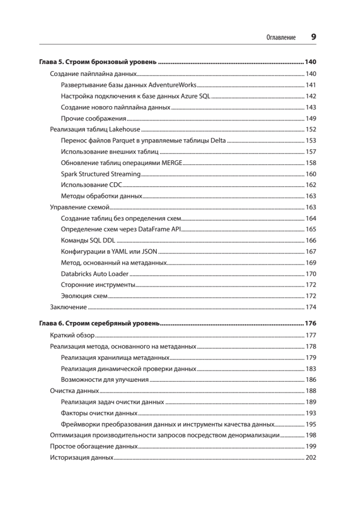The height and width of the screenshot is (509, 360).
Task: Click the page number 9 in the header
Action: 313,37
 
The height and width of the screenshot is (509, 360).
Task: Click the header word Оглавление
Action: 281,38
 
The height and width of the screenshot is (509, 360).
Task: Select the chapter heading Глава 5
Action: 98,63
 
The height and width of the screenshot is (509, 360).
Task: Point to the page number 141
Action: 311,85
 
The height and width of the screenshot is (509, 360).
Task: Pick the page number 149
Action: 311,118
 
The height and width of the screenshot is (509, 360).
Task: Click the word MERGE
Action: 171,163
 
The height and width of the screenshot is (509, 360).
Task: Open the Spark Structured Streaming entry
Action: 100,174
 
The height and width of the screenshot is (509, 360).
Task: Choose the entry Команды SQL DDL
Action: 85,241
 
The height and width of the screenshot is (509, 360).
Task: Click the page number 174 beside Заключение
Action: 311,307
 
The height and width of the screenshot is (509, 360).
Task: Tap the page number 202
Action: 311,458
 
